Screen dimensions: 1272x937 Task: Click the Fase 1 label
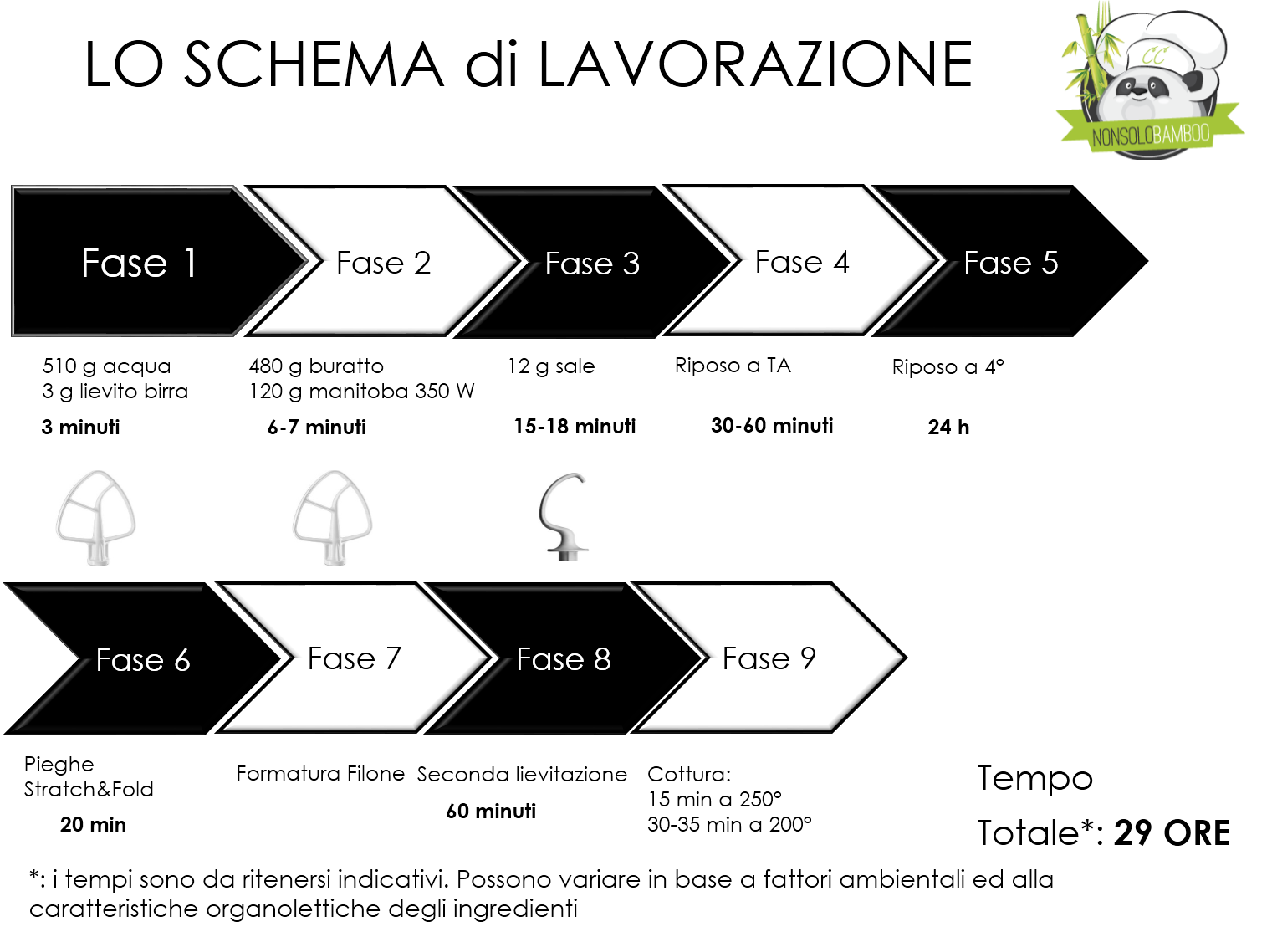139,264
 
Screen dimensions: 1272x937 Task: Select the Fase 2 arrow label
383,264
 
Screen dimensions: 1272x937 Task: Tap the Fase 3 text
592,264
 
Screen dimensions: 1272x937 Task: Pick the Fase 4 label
801,263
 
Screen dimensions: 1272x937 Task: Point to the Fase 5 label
1010,264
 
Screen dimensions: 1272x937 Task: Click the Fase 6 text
143,661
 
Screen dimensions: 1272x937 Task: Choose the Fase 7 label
355,659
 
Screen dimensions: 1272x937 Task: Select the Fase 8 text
564,660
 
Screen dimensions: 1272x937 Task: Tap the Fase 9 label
769,659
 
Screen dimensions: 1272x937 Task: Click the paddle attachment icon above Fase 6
95,518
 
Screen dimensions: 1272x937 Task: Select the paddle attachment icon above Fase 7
332,518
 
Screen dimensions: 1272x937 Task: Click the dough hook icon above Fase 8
564,517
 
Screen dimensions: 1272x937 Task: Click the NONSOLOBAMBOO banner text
1151,135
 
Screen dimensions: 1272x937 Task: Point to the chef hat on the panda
1171,42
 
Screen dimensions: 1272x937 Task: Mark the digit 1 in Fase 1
191,264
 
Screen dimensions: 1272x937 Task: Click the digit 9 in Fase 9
808,659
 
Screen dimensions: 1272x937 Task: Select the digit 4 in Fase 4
840,263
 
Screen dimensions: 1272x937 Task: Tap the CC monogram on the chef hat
1154,57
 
